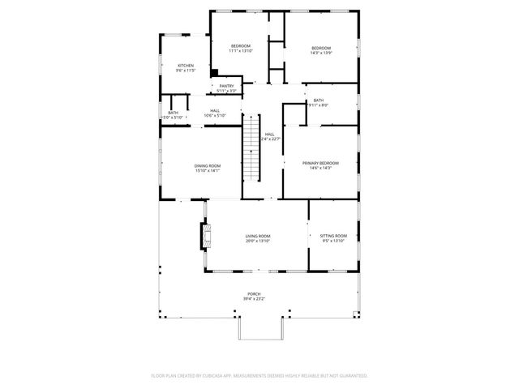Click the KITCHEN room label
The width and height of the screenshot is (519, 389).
[186, 66]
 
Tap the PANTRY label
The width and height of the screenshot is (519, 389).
[226, 85]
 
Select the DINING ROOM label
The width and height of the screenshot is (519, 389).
[207, 165]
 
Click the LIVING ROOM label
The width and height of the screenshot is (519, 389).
[258, 236]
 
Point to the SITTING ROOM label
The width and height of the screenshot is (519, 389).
[333, 235]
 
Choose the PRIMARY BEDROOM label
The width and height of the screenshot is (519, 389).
[320, 163]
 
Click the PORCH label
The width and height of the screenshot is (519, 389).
[254, 294]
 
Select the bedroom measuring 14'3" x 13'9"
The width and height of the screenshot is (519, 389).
[321, 48]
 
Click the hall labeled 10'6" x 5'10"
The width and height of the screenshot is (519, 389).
[215, 113]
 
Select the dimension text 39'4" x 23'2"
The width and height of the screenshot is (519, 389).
[254, 300]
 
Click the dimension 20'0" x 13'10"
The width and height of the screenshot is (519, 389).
[258, 242]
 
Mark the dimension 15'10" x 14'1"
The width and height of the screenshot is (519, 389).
[207, 171]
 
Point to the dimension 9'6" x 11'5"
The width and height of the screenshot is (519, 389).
[186, 71]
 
